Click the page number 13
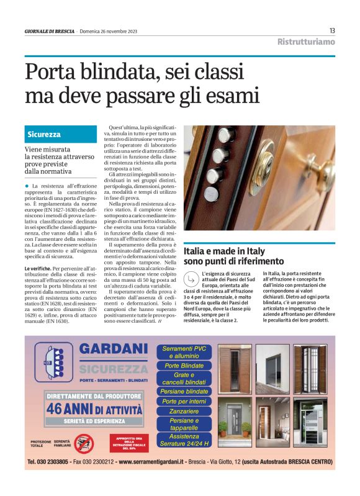pyautogui.click(x=332, y=30)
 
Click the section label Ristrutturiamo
pyautogui.click(x=306, y=42)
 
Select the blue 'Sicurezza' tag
pyautogui.click(x=44, y=134)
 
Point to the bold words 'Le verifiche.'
pyautogui.click(x=39, y=268)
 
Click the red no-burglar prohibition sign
pyautogui.click(x=83, y=443)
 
